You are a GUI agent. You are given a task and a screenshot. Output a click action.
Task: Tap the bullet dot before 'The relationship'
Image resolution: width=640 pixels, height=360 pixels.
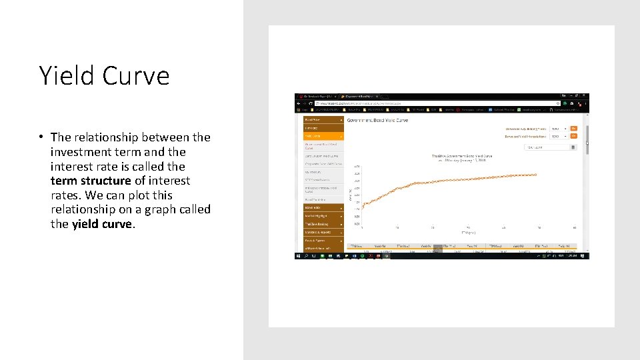(x=41, y=137)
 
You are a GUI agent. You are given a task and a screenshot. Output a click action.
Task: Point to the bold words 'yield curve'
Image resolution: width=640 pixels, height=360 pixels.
(x=102, y=224)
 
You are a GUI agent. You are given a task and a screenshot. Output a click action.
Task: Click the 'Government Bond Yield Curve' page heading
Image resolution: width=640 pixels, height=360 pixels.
(x=377, y=120)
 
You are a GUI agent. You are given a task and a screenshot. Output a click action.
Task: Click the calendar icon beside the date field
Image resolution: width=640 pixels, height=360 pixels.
(x=573, y=147)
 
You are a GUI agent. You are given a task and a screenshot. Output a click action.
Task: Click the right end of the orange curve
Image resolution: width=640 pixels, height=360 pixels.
(x=536, y=175)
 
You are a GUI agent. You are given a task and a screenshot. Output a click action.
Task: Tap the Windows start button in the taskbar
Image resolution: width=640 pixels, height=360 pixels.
(x=298, y=256)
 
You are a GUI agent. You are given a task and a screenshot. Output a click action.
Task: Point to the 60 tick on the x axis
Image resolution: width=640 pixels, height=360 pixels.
(x=574, y=227)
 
